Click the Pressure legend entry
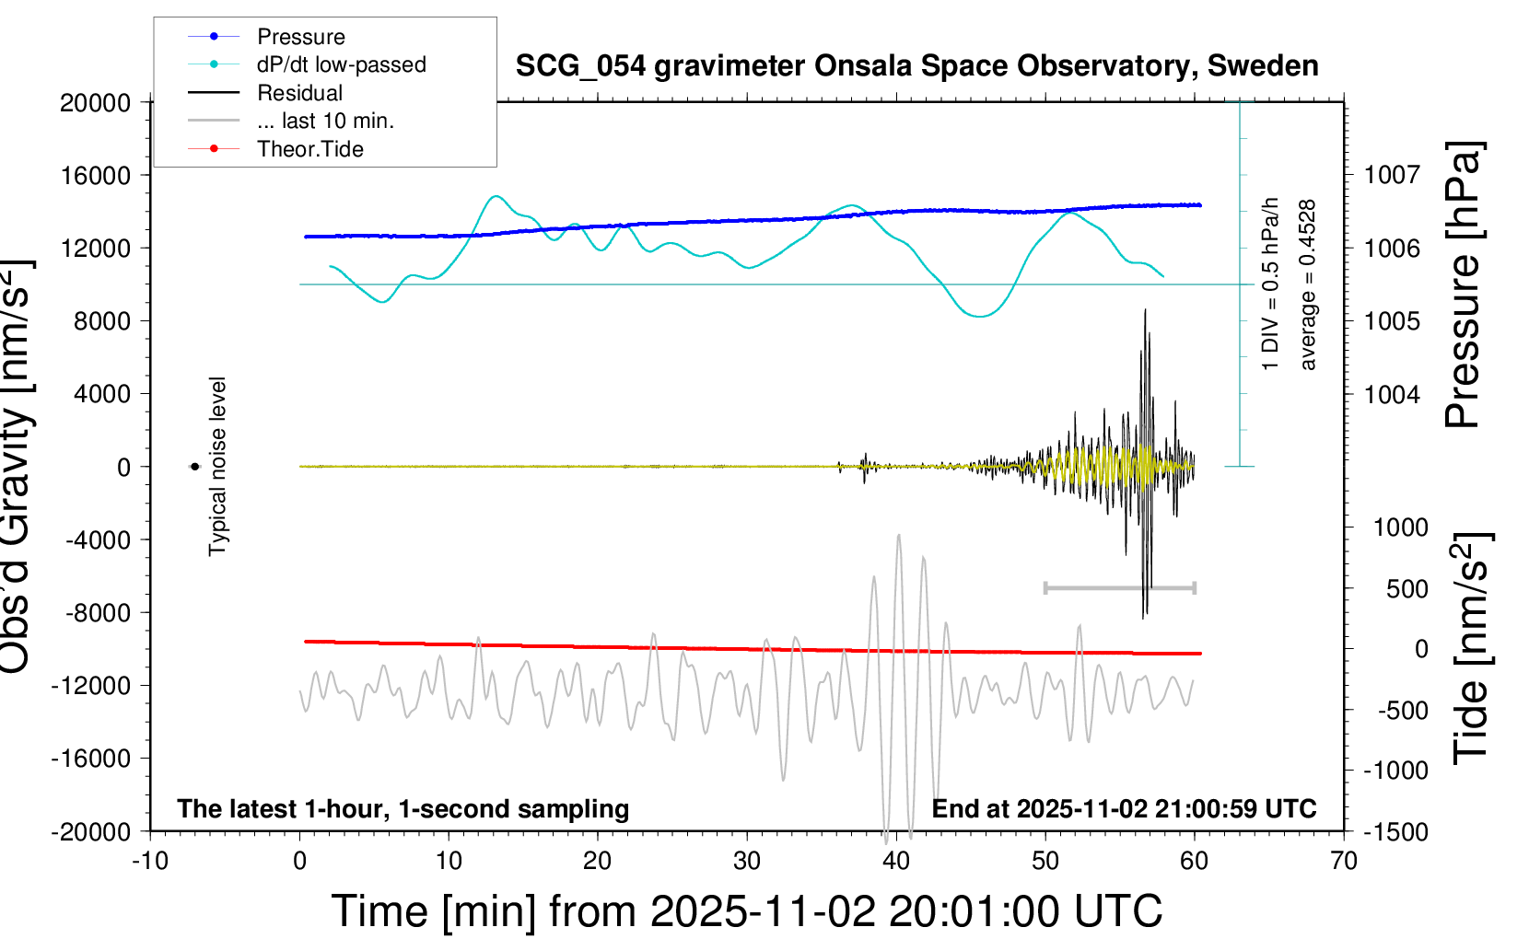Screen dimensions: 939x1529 coord(300,37)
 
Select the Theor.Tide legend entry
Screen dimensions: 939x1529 coord(309,149)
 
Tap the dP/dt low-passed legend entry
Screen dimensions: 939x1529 coord(341,65)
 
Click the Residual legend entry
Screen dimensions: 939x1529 coord(299,93)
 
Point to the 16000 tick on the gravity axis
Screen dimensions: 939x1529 coord(96,175)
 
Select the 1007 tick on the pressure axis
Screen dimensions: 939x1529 coord(1392,175)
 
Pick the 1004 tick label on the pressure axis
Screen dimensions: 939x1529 coord(1392,395)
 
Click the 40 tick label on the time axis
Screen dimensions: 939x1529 coord(896,861)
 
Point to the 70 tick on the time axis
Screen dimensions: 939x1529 coord(1344,861)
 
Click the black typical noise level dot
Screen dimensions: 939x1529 coord(194,467)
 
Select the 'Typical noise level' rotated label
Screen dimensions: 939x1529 coord(217,466)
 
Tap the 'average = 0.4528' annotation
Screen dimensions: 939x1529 coord(1308,285)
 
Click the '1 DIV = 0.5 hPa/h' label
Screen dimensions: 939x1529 coord(1271,284)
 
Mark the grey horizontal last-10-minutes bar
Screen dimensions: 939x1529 coord(1119,587)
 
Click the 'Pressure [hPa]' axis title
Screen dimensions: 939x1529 coord(1463,285)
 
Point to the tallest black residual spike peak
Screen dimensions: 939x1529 coord(1145,310)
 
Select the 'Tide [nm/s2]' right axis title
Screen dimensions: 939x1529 coord(1470,649)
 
